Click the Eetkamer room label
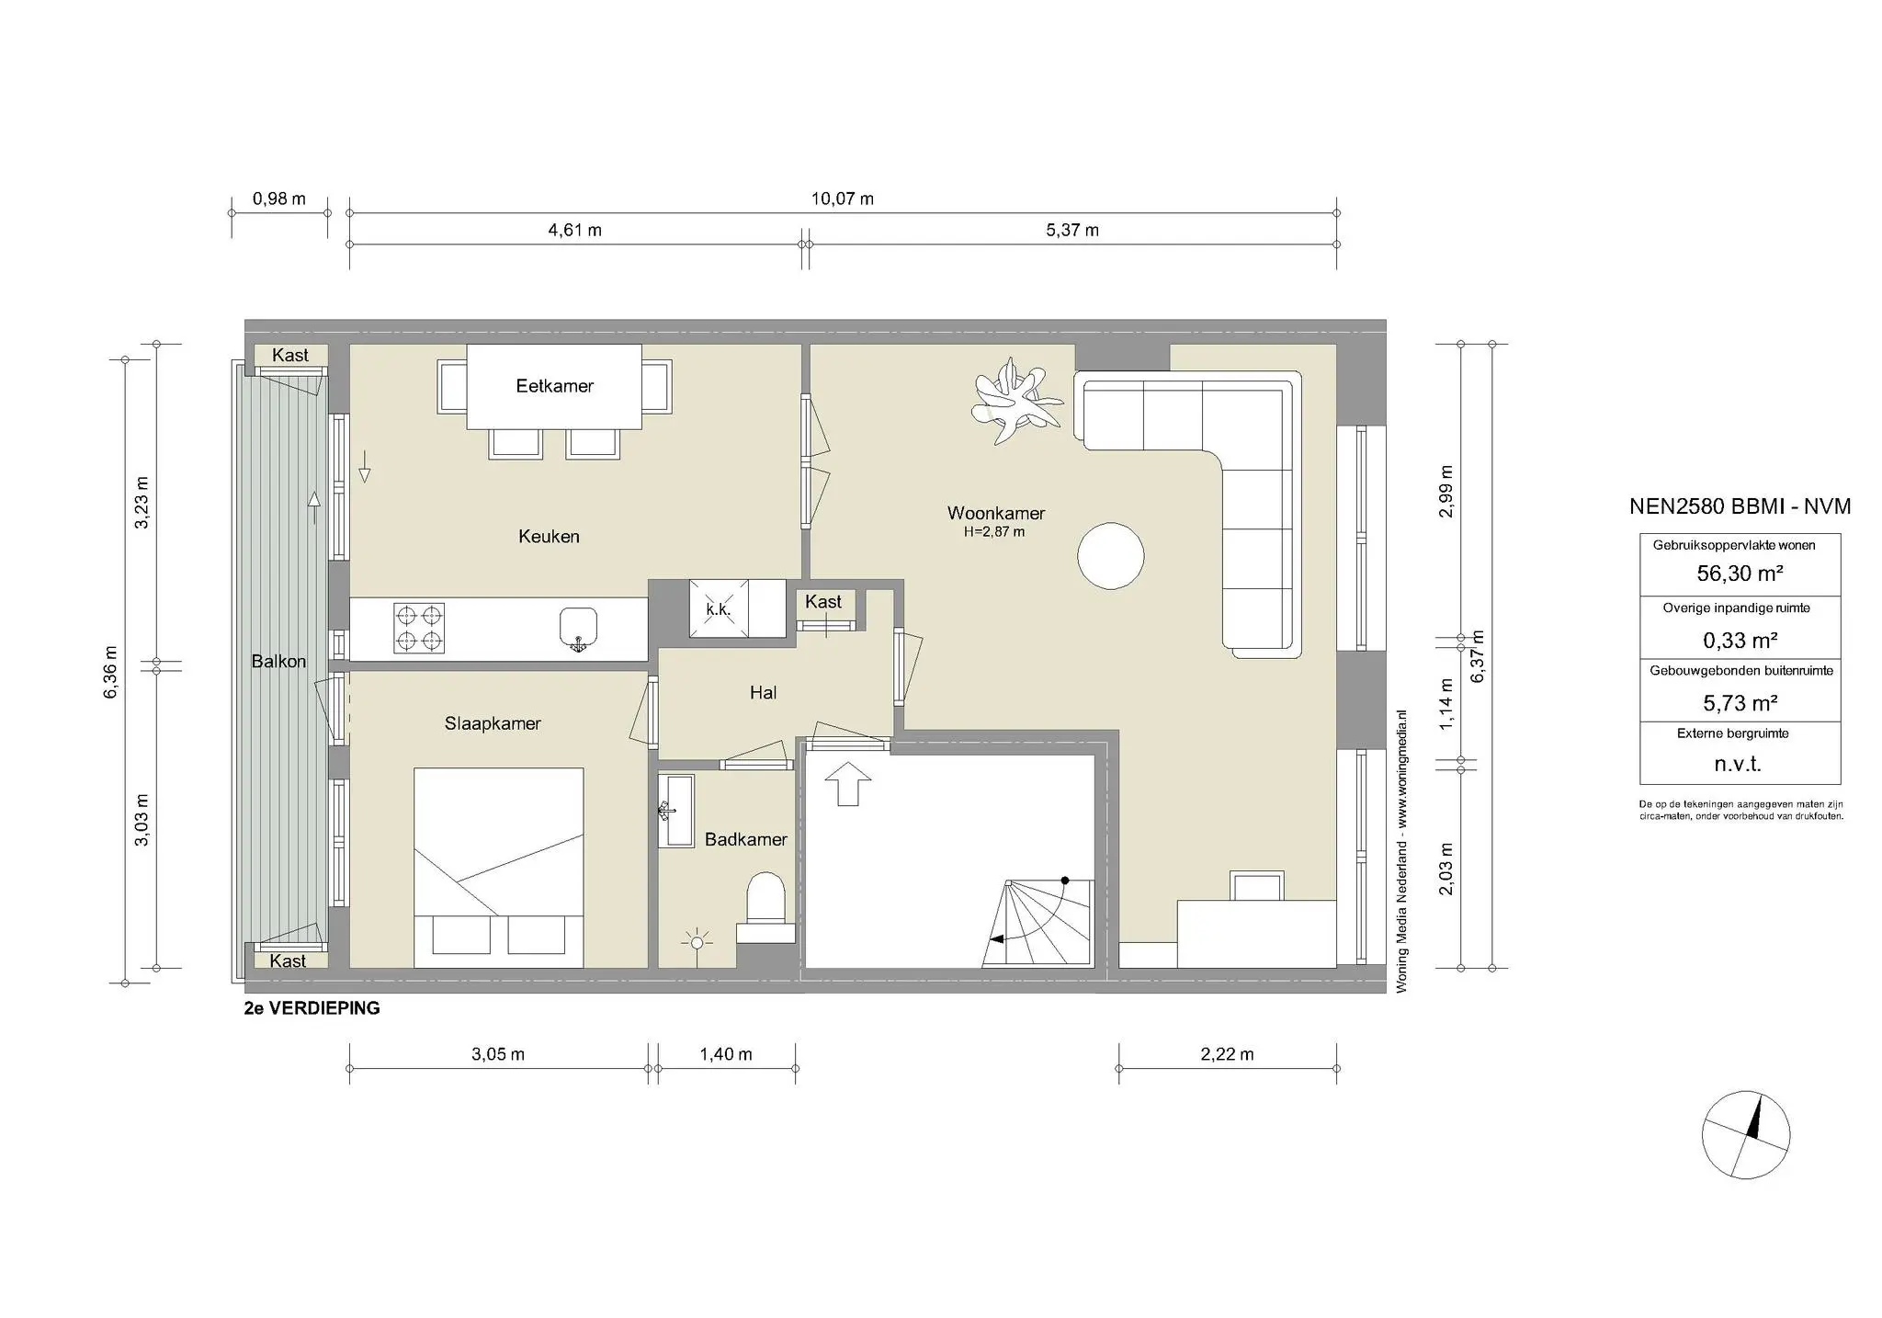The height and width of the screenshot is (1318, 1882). (554, 386)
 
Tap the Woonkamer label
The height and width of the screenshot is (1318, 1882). (995, 513)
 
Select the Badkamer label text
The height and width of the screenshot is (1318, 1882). (745, 839)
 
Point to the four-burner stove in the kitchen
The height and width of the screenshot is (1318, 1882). (419, 628)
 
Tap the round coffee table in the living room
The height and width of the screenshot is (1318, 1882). (1110, 555)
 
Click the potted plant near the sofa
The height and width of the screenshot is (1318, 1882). (1015, 402)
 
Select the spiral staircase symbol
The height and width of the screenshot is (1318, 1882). (1038, 923)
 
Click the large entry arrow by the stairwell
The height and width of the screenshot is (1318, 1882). (847, 783)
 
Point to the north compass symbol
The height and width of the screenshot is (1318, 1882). (1745, 1134)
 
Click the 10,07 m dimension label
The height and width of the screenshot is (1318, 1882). (842, 199)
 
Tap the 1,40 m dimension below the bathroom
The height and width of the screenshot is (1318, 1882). (726, 1054)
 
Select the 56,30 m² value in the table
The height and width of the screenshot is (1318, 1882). (1740, 574)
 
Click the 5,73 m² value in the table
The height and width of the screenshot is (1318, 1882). (1740, 703)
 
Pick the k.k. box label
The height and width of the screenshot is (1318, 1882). (718, 609)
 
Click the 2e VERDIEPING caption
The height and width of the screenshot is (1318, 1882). (312, 1008)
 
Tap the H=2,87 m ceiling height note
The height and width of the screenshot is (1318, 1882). (994, 531)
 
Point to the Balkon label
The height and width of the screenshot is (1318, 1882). (278, 662)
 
